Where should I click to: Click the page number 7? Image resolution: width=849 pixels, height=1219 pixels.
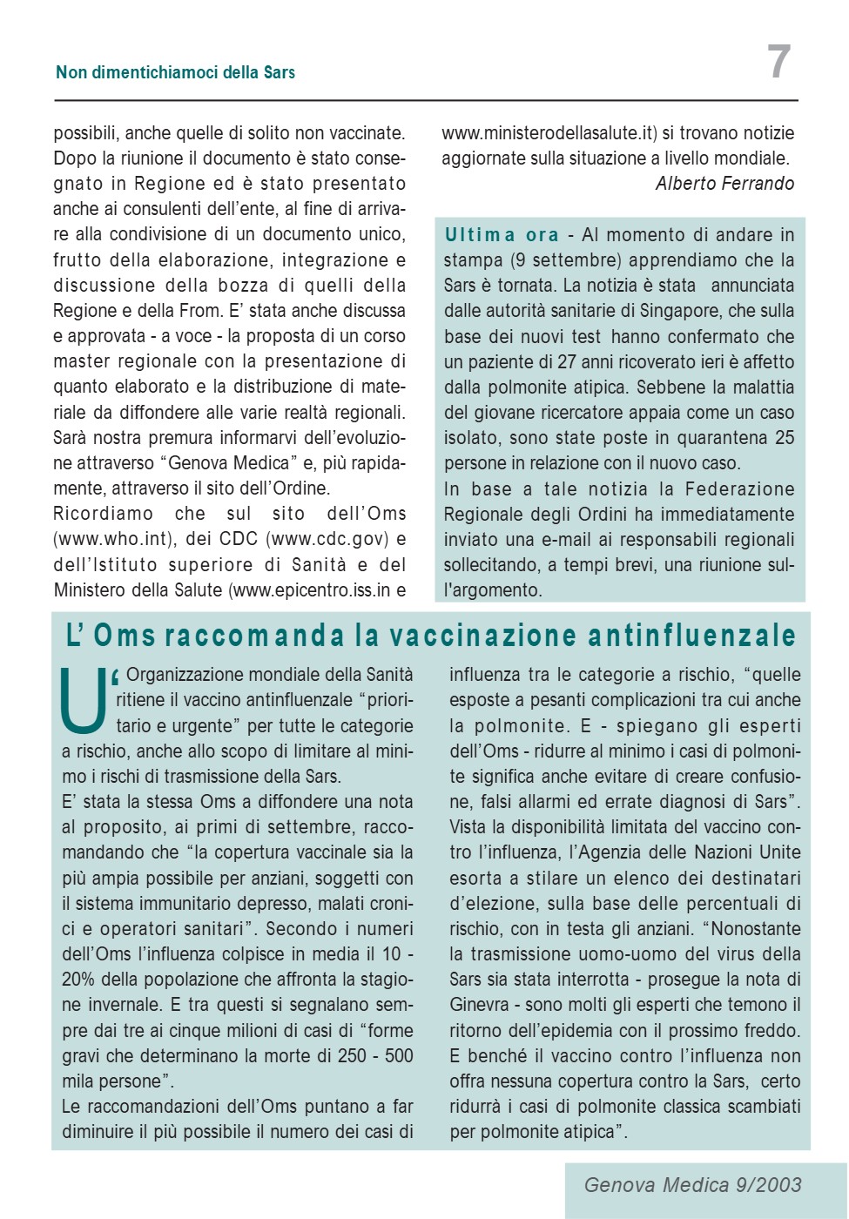click(778, 63)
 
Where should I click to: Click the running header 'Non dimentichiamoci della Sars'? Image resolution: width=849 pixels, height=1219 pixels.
click(175, 72)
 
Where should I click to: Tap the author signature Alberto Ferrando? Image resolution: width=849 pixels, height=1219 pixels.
click(724, 184)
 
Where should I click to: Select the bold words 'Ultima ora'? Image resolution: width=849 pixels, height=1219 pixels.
click(502, 235)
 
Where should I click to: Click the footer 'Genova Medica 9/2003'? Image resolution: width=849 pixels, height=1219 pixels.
click(692, 1185)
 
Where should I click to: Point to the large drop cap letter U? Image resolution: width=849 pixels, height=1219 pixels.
click(84, 700)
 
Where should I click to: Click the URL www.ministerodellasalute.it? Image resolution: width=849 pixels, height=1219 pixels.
click(549, 133)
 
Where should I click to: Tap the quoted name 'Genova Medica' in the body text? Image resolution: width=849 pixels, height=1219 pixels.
click(228, 463)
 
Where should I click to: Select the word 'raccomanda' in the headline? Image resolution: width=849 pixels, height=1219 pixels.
click(254, 636)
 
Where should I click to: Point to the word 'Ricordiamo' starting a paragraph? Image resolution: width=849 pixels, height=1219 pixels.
click(103, 514)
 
